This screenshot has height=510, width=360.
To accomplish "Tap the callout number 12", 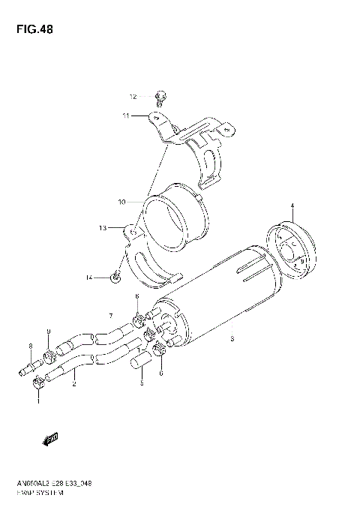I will pyautogui.click(x=132, y=97).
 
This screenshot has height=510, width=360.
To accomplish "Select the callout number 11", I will pyautogui.click(x=127, y=115).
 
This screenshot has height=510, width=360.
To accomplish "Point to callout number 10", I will pyautogui.click(x=120, y=202).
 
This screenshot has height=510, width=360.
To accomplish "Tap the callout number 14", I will pyautogui.click(x=88, y=277).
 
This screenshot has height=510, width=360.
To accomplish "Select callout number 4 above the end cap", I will pyautogui.click(x=293, y=205).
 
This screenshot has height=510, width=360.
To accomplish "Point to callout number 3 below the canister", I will pyautogui.click(x=232, y=340).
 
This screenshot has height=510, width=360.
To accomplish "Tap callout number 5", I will pyautogui.click(x=141, y=382).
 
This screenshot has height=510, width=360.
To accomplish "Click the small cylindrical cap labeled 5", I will pyautogui.click(x=139, y=366).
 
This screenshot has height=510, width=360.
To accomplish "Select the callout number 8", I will pyautogui.click(x=31, y=346).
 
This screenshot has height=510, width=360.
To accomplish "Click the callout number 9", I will pyautogui.click(x=48, y=331).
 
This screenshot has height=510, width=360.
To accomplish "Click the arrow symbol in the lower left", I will pyautogui.click(x=52, y=438).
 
